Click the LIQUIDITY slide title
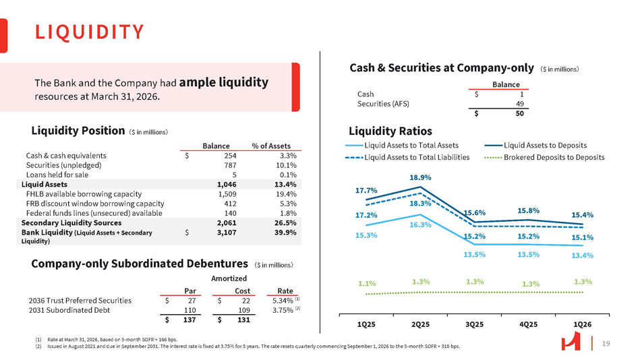tap(89, 32)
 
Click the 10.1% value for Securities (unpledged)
tap(285, 164)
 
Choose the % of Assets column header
tap(270, 146)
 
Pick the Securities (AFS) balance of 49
tap(520, 104)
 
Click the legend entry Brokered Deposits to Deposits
tap(554, 157)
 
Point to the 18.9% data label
tap(420, 177)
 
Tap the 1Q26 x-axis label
tap(582, 324)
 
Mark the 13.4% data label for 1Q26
tap(582, 256)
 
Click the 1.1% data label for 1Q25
tap(366, 284)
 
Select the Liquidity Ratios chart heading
tap(390, 131)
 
